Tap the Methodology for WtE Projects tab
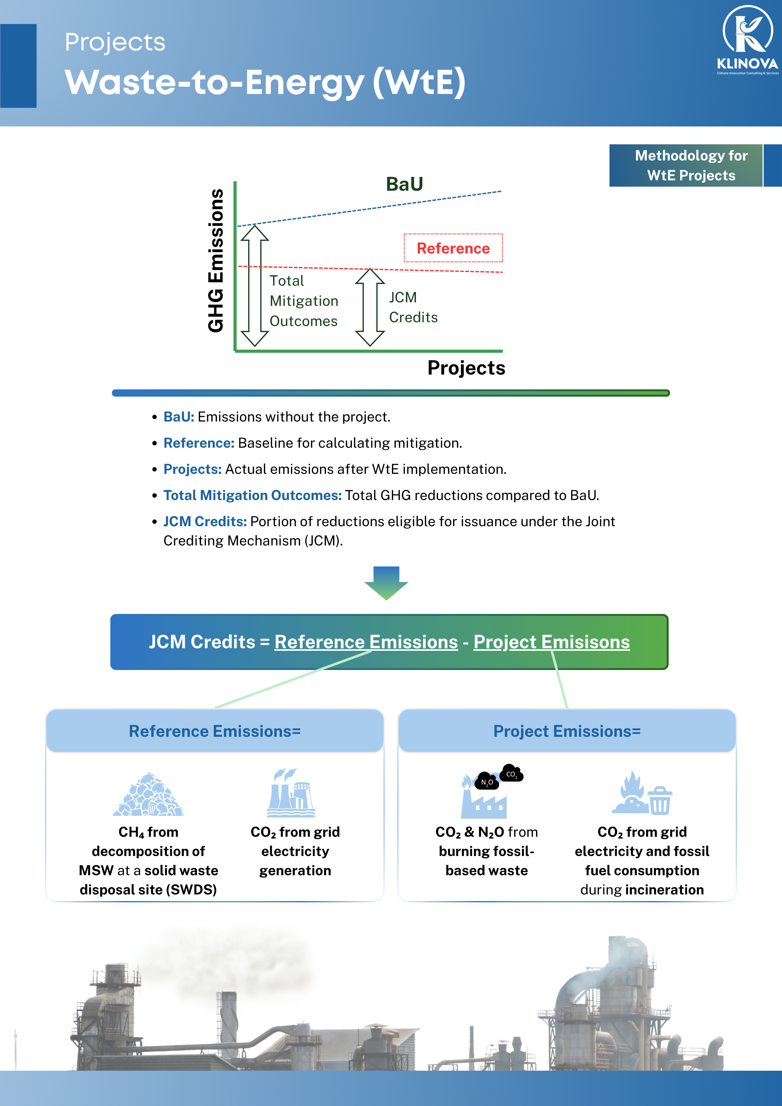[x=691, y=165]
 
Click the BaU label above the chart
[x=404, y=184]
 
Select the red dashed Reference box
[x=453, y=248]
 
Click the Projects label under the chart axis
[x=466, y=368]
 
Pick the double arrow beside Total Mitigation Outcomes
[x=254, y=286]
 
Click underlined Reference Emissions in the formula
[x=366, y=642]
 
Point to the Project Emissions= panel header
[x=567, y=731]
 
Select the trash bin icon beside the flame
[x=660, y=800]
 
